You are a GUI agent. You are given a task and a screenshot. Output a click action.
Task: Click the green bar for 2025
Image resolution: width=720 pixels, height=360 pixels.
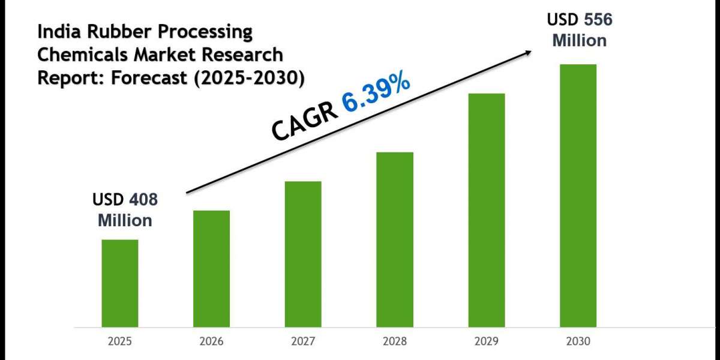119,283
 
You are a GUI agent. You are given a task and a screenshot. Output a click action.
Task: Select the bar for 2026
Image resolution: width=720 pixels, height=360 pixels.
211,269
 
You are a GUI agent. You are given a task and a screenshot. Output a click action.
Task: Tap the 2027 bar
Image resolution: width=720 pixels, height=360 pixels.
303,254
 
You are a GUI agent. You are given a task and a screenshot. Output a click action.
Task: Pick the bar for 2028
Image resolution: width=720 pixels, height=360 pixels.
395,239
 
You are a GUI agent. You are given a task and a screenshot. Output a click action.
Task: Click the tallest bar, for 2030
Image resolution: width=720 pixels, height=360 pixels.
578,196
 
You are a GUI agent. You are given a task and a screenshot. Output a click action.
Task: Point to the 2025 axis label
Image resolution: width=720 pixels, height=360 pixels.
119,342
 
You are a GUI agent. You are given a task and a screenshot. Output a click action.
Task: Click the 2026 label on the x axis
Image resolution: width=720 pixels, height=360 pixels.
211,342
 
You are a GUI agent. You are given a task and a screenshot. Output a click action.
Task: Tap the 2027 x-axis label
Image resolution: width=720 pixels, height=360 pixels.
303,342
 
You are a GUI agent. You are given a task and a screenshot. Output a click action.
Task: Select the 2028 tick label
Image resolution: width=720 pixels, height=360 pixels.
395,342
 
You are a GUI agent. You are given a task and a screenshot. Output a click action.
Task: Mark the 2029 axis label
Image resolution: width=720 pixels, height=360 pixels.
487,342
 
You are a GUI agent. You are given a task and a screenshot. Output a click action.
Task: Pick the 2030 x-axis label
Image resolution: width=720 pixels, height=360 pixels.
578,342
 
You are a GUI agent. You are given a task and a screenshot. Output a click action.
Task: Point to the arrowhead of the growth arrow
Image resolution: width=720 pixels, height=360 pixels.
527,52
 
